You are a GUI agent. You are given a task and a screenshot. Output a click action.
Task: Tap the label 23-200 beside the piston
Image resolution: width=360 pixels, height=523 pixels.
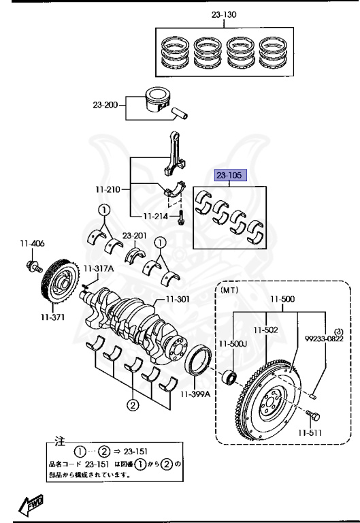(x=105, y=105)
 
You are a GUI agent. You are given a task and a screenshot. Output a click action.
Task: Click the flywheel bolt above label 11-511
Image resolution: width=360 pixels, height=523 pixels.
(x=314, y=415)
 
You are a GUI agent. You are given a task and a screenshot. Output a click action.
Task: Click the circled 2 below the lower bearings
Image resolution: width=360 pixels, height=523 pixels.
(x=132, y=407)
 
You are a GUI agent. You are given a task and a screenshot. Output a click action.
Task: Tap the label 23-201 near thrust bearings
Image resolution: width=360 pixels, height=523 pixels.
(x=135, y=236)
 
